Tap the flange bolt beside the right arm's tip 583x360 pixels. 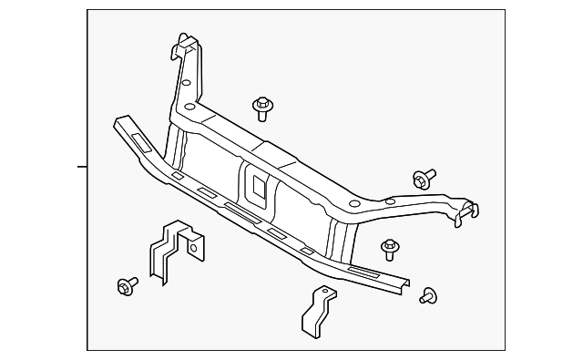tap(424, 178)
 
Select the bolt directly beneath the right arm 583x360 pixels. tap(391, 248)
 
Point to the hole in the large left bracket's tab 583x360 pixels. tap(194, 243)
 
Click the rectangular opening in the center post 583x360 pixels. tap(257, 189)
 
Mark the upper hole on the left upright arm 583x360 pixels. tap(186, 82)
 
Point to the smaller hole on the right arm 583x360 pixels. tap(390, 201)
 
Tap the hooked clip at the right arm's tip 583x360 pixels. tap(466, 211)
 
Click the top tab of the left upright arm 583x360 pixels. tap(186, 42)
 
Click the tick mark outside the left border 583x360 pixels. tap(82, 167)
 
